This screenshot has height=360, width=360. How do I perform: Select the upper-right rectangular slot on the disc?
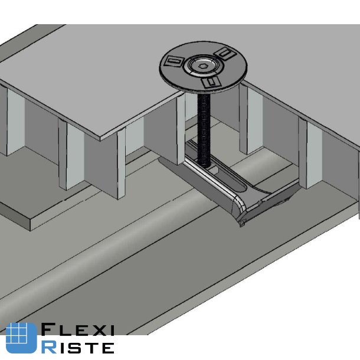[224, 54]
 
